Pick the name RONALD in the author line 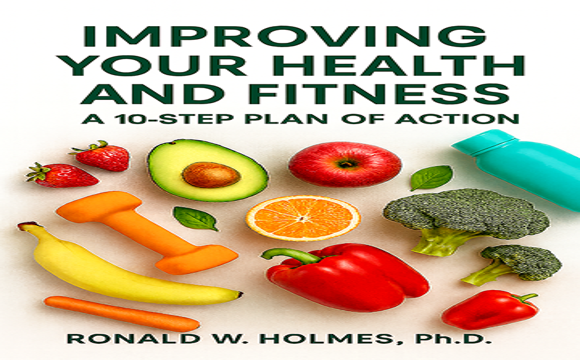tap(118, 340)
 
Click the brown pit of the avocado tap(211, 175)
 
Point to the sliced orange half tap(302, 217)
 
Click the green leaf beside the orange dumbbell tap(194, 218)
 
